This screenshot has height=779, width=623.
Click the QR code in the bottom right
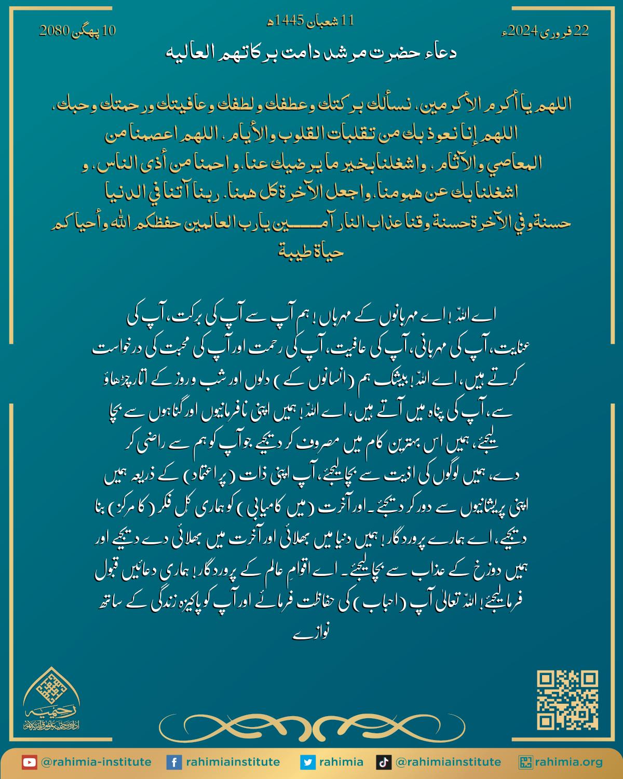(x=567, y=700)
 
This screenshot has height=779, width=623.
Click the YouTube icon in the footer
(x=29, y=762)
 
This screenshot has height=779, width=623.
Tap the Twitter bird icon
(x=308, y=762)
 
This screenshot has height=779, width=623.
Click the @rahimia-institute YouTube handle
(x=96, y=762)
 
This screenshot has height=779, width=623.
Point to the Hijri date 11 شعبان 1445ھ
(x=310, y=21)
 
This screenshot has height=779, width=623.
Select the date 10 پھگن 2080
(x=77, y=31)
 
